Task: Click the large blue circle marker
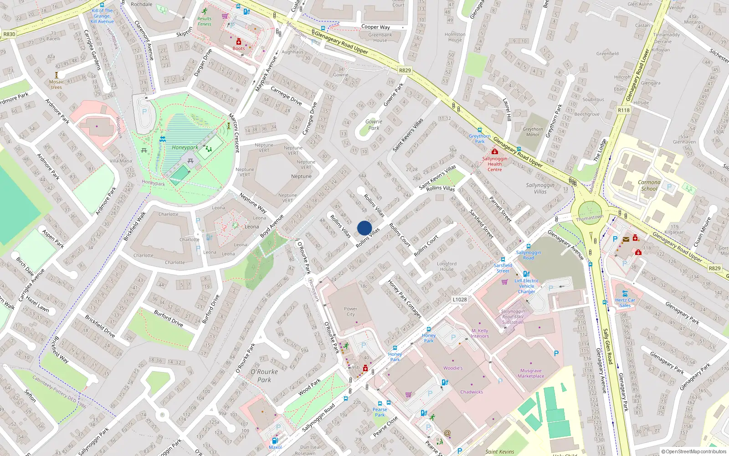[x=364, y=228]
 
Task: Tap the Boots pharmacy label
[x=239, y=48]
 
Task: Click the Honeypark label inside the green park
[x=185, y=147]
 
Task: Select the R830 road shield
[x=9, y=34]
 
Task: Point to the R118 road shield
[x=623, y=110]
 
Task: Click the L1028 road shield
[x=460, y=300]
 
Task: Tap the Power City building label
[x=350, y=311]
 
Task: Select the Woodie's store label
[x=453, y=368]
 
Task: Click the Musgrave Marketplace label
[x=531, y=373]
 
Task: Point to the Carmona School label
[x=649, y=185]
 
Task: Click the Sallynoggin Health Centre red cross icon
[x=494, y=152]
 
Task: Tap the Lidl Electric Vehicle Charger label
[x=527, y=286]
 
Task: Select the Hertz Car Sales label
[x=625, y=303]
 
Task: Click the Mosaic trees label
[x=56, y=84]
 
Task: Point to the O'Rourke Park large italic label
[x=264, y=375]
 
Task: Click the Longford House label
[x=447, y=266]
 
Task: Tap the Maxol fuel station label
[x=275, y=447]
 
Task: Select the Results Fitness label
[x=204, y=21]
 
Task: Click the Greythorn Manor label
[x=533, y=132]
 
